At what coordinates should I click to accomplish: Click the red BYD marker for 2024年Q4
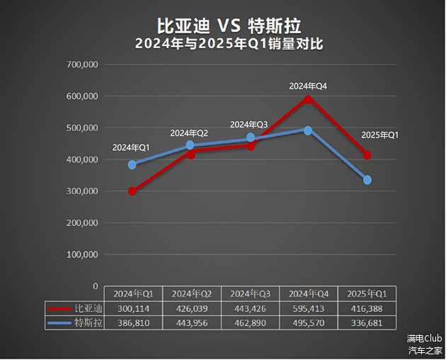click(308, 99)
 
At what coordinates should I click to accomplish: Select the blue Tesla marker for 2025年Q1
click(367, 180)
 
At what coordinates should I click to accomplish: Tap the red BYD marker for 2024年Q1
click(132, 191)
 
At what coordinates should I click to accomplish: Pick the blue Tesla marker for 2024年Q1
click(132, 164)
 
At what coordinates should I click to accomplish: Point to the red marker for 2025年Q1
click(367, 155)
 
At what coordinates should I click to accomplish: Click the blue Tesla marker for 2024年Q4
click(308, 130)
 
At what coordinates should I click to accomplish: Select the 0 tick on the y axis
click(95, 286)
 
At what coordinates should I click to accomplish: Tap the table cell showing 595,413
click(309, 309)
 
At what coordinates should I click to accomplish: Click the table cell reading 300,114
click(133, 309)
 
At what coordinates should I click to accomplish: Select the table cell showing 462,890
click(251, 322)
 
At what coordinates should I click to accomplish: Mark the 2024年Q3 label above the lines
click(249, 125)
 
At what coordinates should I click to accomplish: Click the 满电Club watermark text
click(424, 339)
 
